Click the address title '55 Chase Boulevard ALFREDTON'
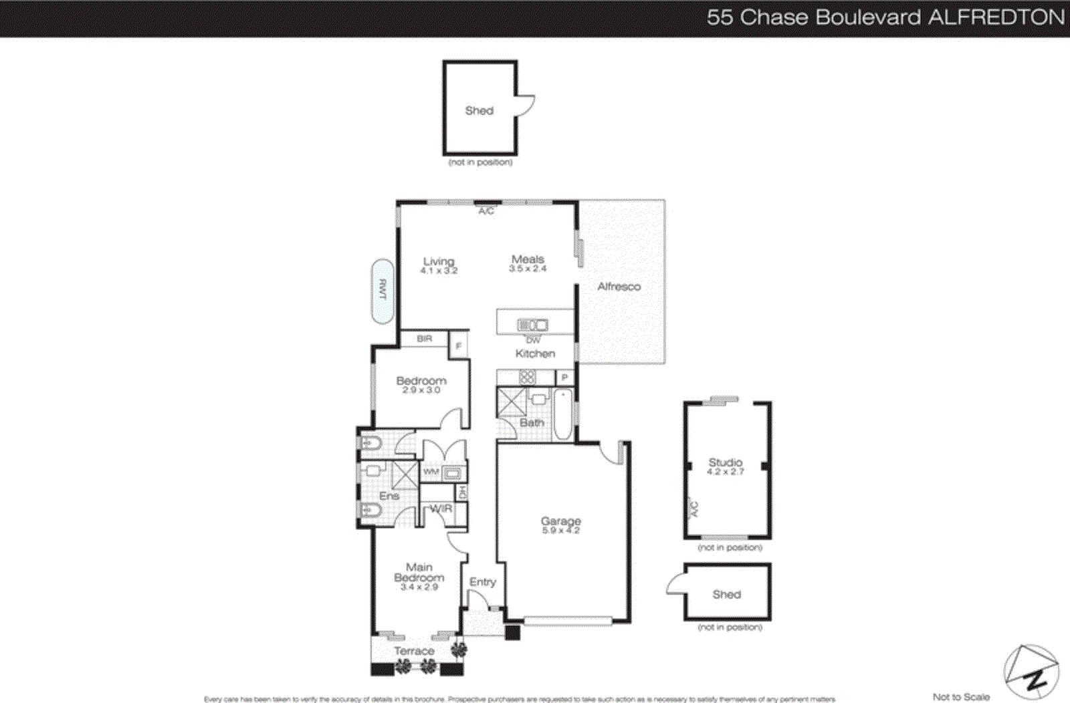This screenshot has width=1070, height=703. (885, 17)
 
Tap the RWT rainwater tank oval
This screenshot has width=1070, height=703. (383, 291)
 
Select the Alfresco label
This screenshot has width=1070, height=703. (619, 287)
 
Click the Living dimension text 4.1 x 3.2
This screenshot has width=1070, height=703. (439, 271)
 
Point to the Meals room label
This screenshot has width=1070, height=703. (528, 259)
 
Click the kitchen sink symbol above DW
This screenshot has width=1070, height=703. (533, 325)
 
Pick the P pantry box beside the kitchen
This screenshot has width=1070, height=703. (564, 378)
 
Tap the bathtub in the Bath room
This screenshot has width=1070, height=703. (563, 414)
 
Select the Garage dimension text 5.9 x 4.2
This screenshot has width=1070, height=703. (560, 531)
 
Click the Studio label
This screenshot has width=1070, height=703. (726, 462)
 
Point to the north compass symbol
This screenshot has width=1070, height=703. (1031, 672)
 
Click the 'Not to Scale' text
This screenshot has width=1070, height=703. (961, 697)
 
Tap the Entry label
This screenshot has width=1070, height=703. (482, 582)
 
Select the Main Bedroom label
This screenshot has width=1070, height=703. (419, 572)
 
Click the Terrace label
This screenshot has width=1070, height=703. (414, 651)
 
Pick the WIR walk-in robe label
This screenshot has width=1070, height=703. (441, 509)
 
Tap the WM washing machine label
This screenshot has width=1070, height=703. (431, 472)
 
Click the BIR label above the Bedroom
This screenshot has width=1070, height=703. (425, 339)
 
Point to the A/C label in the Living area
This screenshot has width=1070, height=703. (486, 211)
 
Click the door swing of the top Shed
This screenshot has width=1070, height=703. (526, 106)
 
